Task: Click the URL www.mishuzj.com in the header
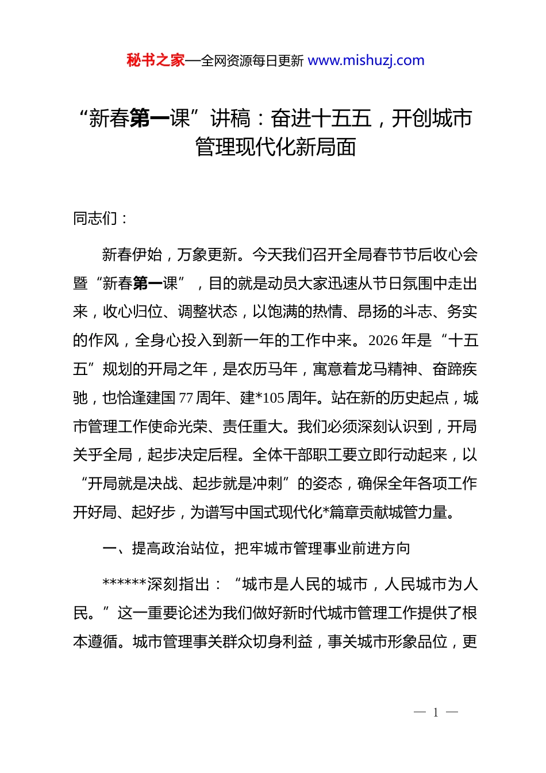(366, 60)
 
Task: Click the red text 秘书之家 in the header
(156, 60)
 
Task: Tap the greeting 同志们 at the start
(95, 219)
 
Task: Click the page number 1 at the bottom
(436, 713)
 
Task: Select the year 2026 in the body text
(383, 340)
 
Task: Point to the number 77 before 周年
(186, 398)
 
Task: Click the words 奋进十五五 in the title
(321, 118)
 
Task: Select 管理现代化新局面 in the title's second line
(276, 147)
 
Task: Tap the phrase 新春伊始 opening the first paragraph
(132, 254)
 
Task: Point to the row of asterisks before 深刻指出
(124, 584)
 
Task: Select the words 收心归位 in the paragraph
(133, 312)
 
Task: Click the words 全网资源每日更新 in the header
(252, 61)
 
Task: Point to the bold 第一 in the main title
(149, 118)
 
